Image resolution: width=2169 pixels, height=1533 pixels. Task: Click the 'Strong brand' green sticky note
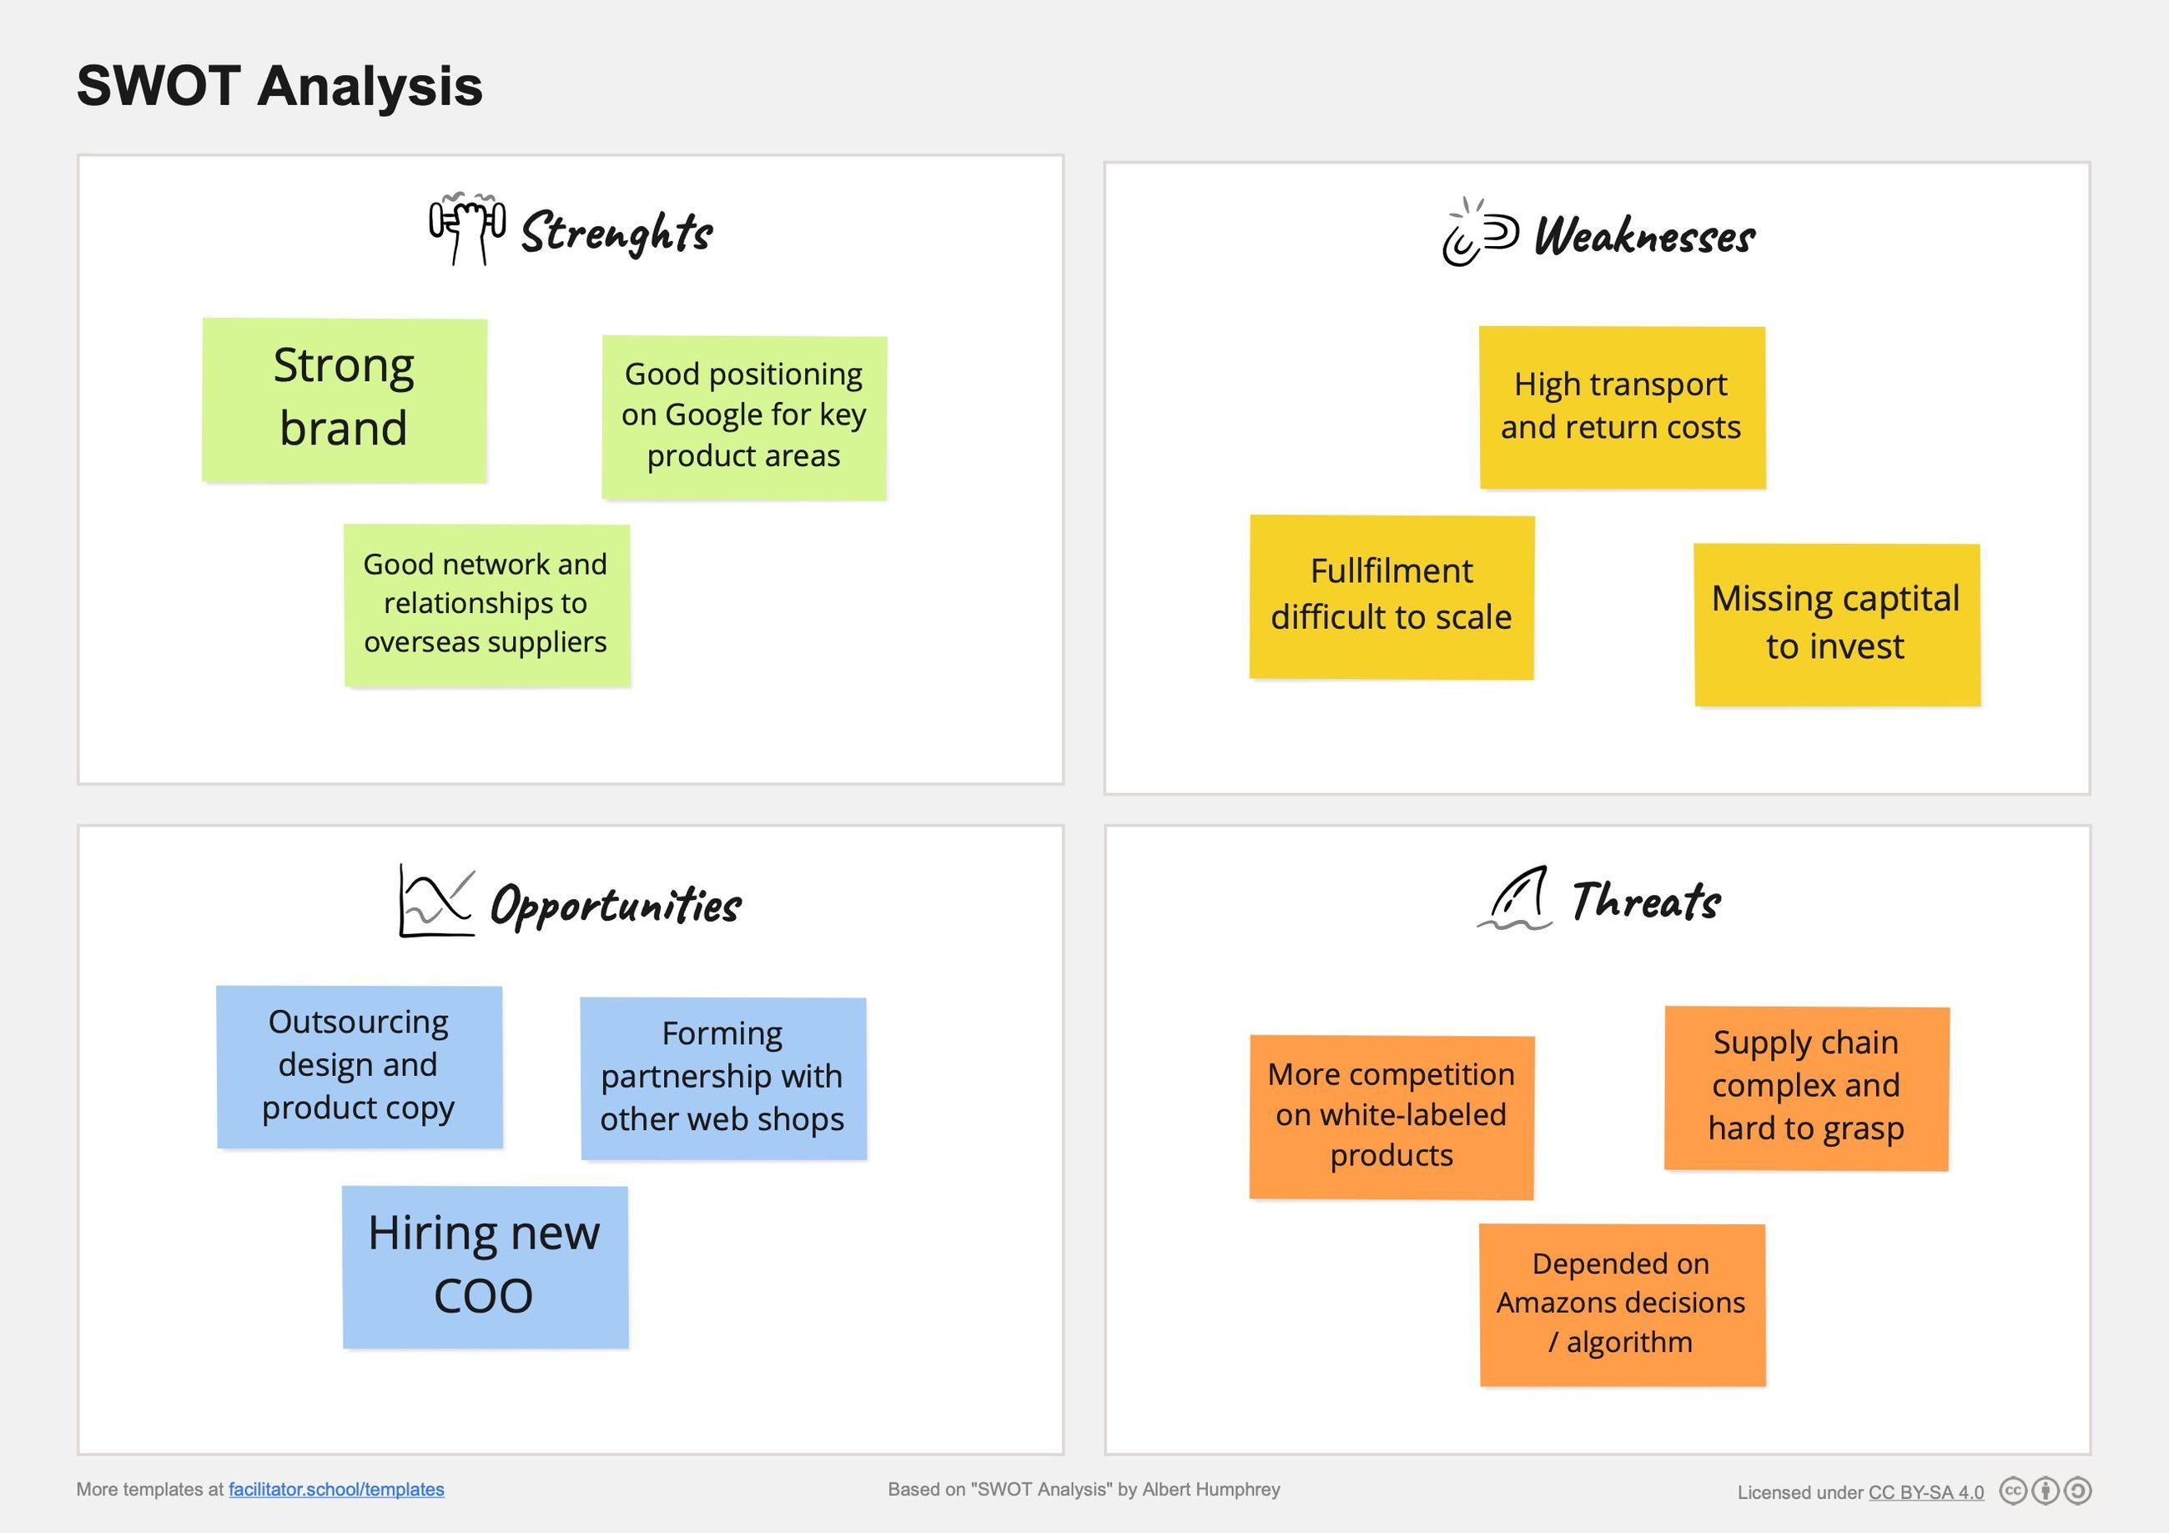coord(344,400)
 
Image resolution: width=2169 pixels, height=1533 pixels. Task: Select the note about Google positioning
coord(743,415)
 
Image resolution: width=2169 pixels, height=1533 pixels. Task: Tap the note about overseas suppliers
coord(486,605)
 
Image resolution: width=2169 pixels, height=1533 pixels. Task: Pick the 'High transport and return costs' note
coord(1621,407)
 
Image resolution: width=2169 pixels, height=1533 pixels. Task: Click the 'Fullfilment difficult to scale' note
coord(1391,596)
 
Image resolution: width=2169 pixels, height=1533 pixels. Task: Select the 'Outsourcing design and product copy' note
coord(359,1067)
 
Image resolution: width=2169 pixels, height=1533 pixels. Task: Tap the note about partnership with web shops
coord(722,1078)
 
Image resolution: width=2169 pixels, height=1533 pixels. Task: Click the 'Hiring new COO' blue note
coord(485,1266)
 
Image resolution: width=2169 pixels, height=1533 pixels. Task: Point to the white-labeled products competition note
coord(1391,1117)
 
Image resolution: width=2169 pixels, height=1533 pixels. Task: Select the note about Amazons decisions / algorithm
coord(1621,1304)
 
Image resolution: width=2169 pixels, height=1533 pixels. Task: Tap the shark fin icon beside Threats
coord(1515,899)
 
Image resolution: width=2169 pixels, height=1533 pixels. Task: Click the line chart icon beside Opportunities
coord(435,901)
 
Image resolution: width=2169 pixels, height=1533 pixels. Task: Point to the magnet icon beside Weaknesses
coord(1479,234)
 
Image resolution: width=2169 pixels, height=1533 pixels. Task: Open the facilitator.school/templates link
coord(336,1490)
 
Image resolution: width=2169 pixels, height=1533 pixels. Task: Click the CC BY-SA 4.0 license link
coord(1925,1492)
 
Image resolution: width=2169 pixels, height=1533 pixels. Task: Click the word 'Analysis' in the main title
coord(370,86)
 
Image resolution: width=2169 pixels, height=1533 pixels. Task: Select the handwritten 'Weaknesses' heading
coord(1643,236)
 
